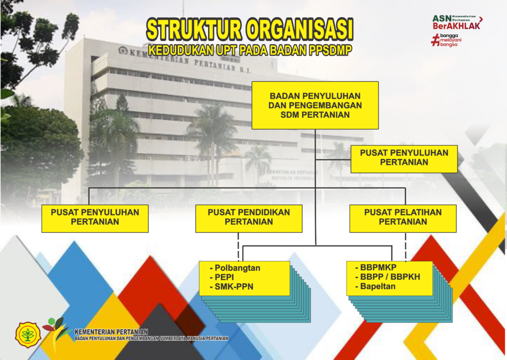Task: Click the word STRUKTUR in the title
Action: (194, 30)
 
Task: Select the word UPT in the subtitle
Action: (225, 50)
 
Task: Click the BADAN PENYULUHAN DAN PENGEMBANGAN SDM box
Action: (315, 105)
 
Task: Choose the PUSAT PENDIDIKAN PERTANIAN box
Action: (249, 218)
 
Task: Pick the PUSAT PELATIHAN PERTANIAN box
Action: (403, 218)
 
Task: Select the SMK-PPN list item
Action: (232, 287)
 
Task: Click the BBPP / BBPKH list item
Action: (388, 277)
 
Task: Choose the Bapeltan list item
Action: (375, 286)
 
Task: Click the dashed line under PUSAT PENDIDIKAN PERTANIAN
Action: (238, 247)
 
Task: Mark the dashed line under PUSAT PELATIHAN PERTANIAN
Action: (406, 247)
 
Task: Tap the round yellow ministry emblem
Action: (28, 335)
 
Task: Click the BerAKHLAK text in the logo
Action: (456, 26)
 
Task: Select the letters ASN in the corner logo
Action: (442, 18)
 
